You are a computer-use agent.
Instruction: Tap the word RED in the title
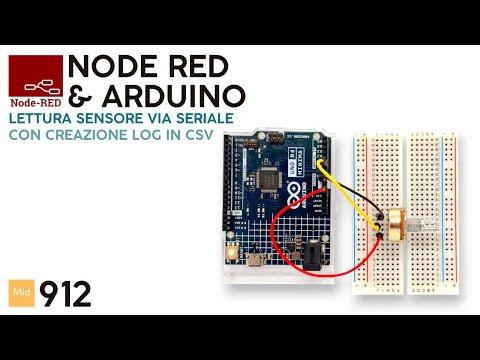click(196, 68)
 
